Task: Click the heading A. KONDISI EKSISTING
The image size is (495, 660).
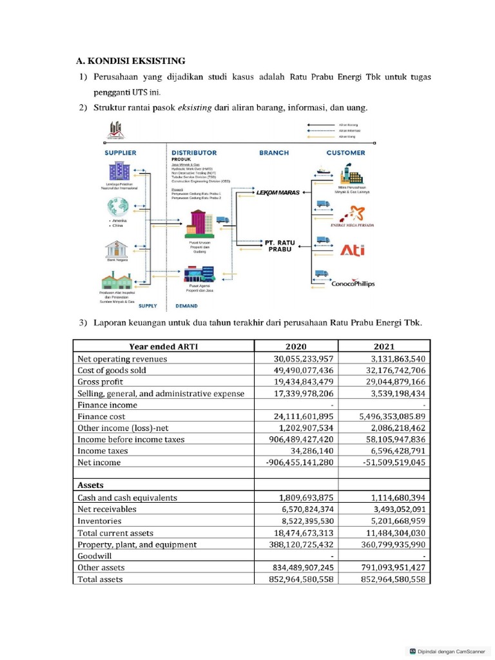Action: click(130, 61)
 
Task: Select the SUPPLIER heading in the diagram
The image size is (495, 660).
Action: click(121, 153)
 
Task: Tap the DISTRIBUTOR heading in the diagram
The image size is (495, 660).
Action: click(194, 153)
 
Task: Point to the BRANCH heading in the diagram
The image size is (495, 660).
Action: click(274, 153)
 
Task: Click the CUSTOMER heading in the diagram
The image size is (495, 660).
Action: click(345, 153)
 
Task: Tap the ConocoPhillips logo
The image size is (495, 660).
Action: click(353, 284)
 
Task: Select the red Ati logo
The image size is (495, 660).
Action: click(352, 250)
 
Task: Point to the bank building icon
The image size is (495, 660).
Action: click(117, 248)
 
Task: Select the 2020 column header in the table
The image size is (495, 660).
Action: click(296, 346)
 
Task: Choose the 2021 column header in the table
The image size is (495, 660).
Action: click(384, 346)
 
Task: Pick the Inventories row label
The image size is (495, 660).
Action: click(99, 521)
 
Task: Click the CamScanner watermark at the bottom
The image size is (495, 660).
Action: click(449, 651)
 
